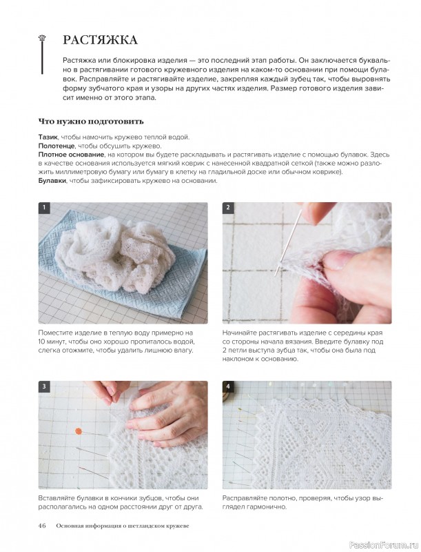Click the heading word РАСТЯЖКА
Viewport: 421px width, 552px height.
(100, 40)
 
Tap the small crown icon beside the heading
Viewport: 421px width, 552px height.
(43, 37)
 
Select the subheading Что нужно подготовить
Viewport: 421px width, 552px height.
(91, 122)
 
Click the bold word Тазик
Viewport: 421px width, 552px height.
(48, 137)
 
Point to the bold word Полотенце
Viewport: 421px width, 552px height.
(57, 146)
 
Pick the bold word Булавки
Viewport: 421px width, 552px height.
(52, 181)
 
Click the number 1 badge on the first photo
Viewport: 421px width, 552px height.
(44, 208)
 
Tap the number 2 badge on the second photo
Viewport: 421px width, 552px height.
(228, 208)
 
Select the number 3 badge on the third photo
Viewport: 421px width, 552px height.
(44, 386)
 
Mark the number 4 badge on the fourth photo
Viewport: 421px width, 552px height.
(228, 386)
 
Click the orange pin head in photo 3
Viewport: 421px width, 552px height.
(79, 431)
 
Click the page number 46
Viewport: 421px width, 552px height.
(42, 526)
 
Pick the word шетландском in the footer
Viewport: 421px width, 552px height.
(145, 526)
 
